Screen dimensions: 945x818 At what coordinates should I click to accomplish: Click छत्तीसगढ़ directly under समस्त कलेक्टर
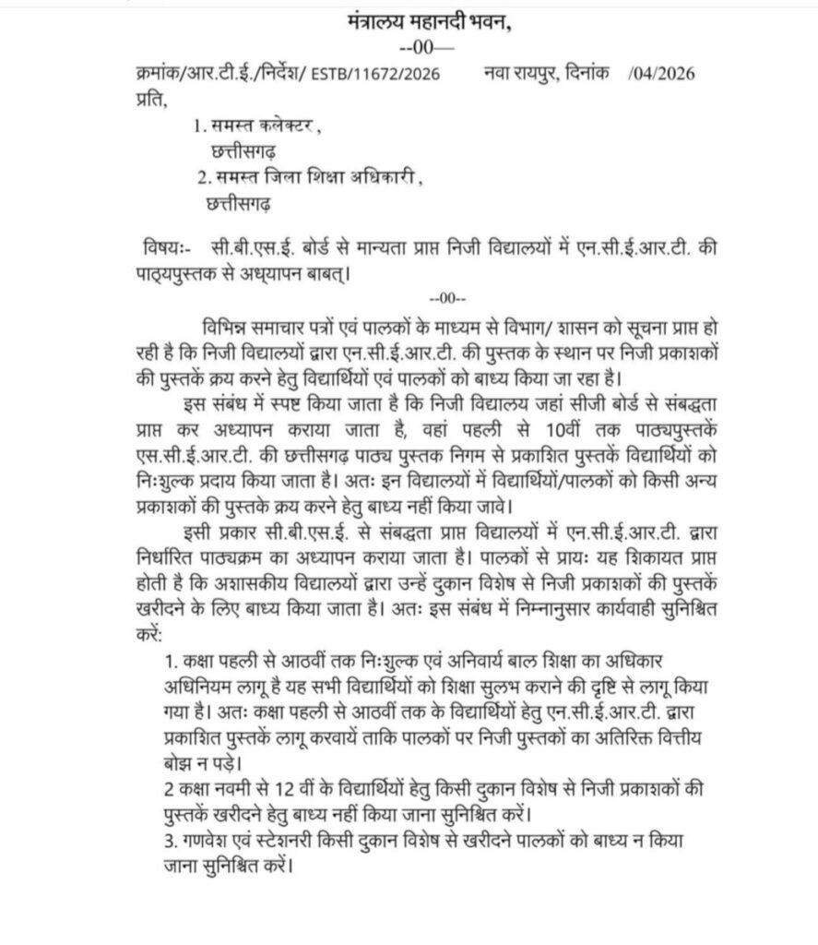pos(243,150)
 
